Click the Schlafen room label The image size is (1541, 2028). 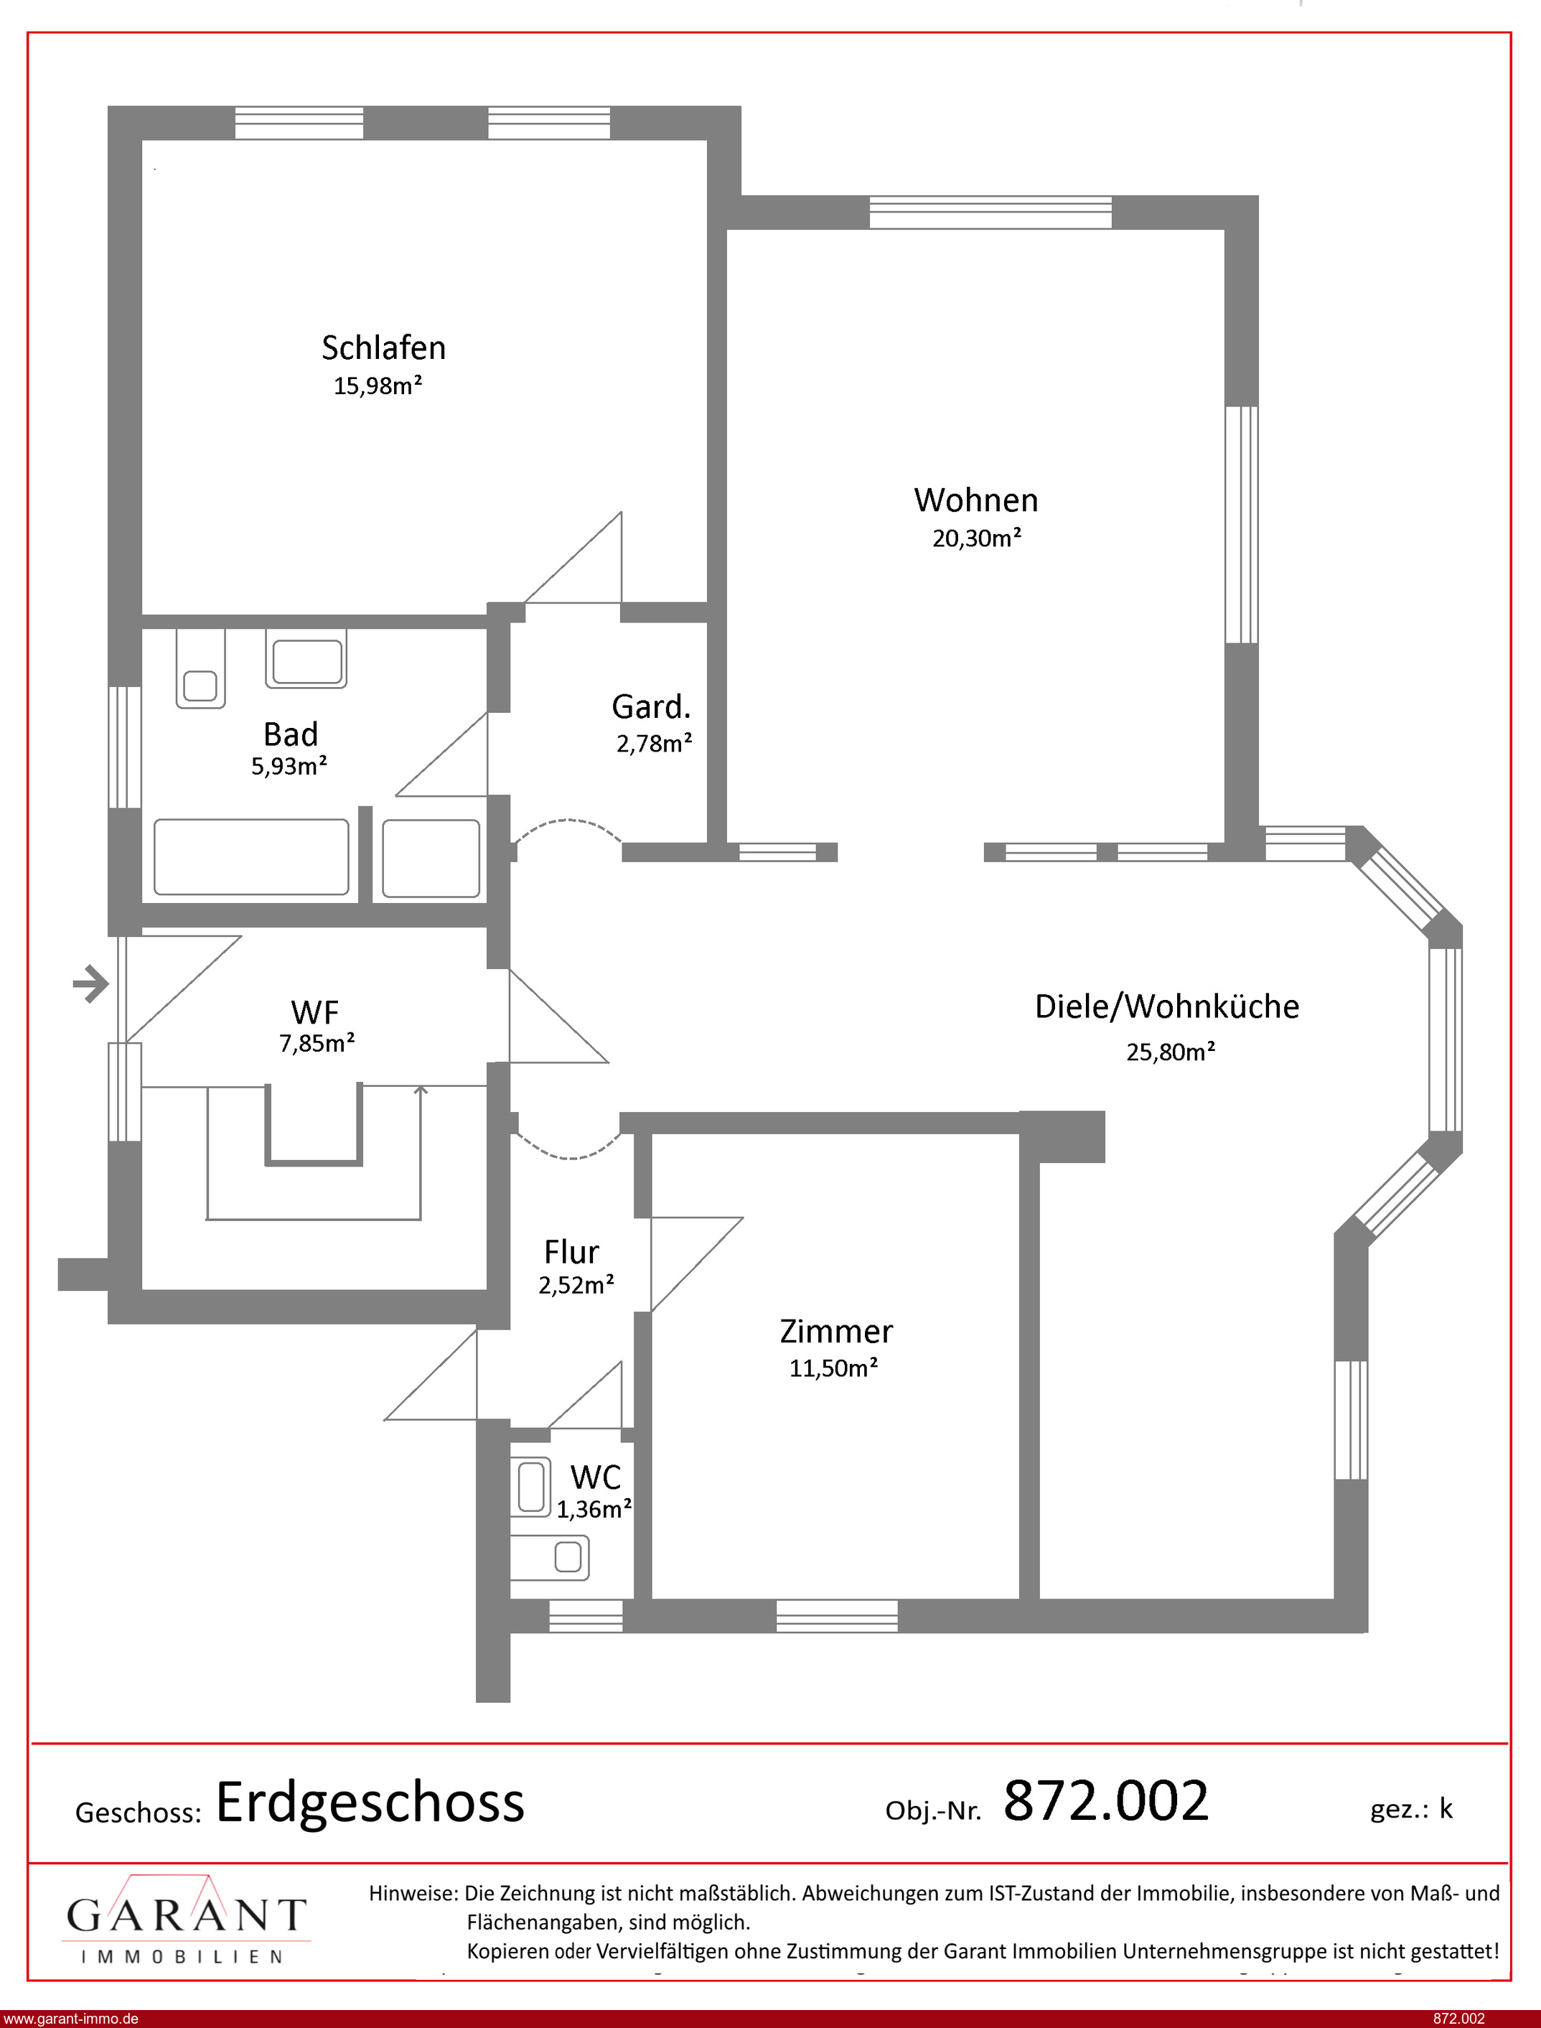pos(383,347)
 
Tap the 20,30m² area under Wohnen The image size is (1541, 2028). pos(977,538)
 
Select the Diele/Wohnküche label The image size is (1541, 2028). pos(1167,1006)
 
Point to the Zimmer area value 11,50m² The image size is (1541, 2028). pos(834,1368)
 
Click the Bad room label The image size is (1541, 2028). pos(291,734)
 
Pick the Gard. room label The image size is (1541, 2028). pos(651,706)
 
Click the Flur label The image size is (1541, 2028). pos(571,1252)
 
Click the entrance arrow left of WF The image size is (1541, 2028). pos(91,984)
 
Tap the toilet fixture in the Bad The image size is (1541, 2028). pos(201,668)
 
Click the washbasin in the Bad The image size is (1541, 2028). pos(306,658)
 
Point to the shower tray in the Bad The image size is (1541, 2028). pos(431,858)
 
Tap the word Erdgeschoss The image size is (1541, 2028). pos(370,1803)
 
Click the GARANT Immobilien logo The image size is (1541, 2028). pos(186,1920)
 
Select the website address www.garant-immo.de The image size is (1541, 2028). pos(70,2019)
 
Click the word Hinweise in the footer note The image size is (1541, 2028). pos(413,1893)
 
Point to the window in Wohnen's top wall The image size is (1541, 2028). pos(990,212)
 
